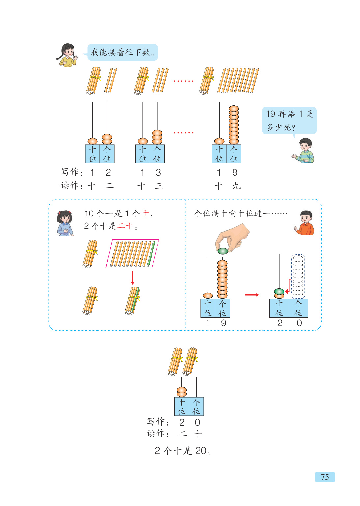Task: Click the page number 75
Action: click(x=325, y=477)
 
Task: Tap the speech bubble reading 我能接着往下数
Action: click(x=123, y=52)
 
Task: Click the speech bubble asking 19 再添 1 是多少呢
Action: click(x=289, y=121)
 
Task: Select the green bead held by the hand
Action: click(x=223, y=251)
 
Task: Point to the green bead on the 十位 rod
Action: click(x=279, y=291)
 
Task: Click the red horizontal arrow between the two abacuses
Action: click(x=252, y=295)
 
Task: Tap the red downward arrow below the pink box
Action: click(x=133, y=278)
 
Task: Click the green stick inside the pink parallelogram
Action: click(x=152, y=254)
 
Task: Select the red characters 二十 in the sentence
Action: click(x=125, y=226)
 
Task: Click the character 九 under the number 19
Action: click(x=236, y=186)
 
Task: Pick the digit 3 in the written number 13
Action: click(x=158, y=172)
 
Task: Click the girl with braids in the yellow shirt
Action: click(x=67, y=55)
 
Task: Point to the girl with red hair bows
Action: click(x=65, y=223)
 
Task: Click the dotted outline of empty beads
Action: click(x=298, y=276)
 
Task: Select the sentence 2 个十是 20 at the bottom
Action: click(x=182, y=451)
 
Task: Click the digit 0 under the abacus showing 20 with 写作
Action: click(x=197, y=422)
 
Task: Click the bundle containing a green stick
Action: click(x=132, y=300)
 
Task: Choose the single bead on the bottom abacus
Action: click(x=182, y=392)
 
